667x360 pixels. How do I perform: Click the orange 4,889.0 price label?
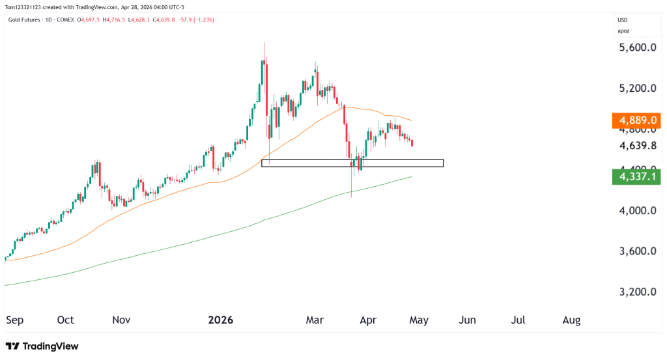pos(638,120)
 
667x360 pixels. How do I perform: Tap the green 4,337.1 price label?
pos(638,176)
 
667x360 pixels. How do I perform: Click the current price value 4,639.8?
pos(638,146)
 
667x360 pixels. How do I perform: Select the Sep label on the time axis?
pos(14,320)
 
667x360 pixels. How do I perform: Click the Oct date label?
pos(66,320)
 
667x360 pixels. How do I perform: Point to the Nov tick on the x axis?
pos(122,320)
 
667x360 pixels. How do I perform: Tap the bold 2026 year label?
pos(220,320)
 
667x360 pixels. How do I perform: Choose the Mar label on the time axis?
pos(315,320)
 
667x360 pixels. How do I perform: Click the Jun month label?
pos(467,320)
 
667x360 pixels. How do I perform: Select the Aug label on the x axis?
pos(571,320)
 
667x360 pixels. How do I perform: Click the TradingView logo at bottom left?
pos(42,346)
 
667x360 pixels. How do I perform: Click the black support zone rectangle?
pos(352,163)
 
